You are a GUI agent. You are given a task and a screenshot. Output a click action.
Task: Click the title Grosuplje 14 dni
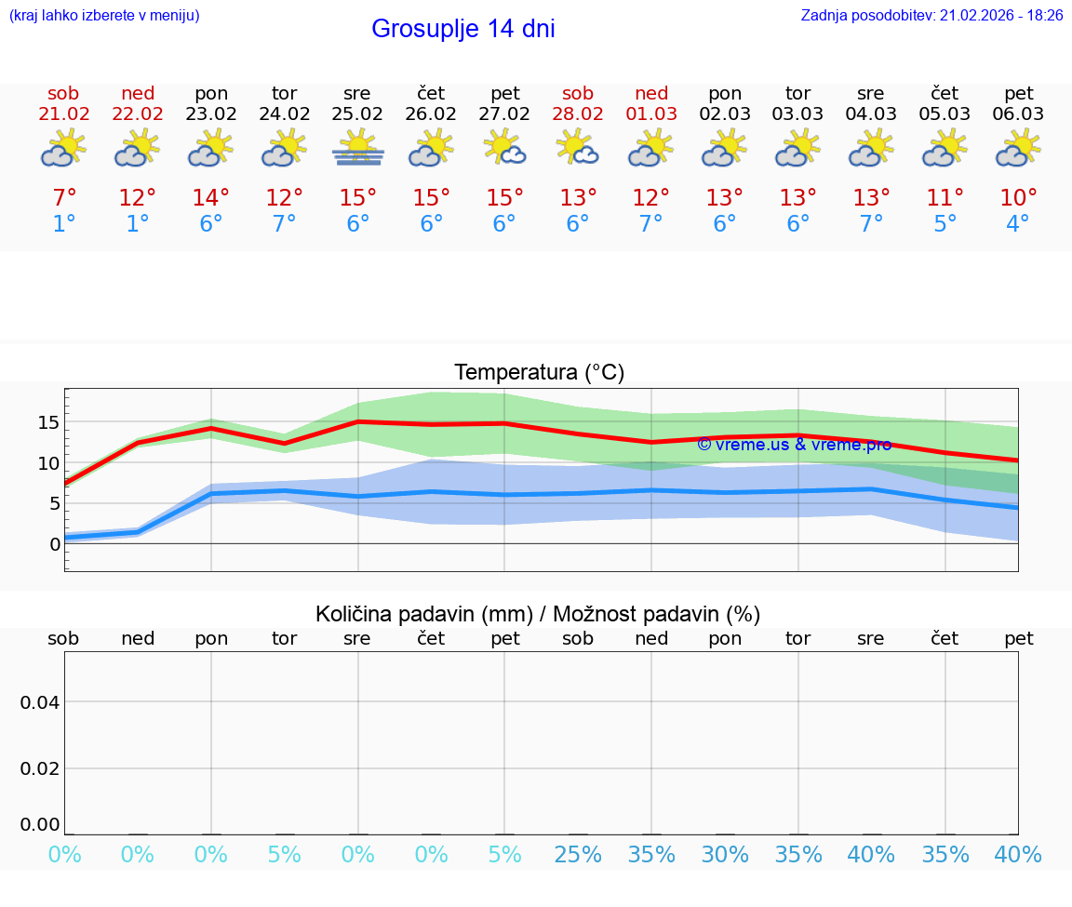pyautogui.click(x=462, y=29)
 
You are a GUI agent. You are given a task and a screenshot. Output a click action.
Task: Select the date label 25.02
pyautogui.click(x=357, y=114)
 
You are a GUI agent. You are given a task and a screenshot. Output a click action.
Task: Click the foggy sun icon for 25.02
pyautogui.click(x=357, y=149)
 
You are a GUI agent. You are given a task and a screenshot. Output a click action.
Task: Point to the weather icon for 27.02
pyautogui.click(x=504, y=149)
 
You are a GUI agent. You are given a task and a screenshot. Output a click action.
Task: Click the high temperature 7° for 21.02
pyautogui.click(x=64, y=198)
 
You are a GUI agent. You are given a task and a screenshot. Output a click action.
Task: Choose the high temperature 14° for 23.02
pyautogui.click(x=210, y=198)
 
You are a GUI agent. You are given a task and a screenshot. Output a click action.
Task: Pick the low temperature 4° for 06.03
pyautogui.click(x=1018, y=224)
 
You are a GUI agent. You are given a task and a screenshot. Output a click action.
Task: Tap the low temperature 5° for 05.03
pyautogui.click(x=945, y=224)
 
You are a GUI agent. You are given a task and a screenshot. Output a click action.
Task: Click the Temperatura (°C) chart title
pyautogui.click(x=539, y=373)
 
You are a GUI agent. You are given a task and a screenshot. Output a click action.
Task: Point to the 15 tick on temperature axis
pyautogui.click(x=48, y=422)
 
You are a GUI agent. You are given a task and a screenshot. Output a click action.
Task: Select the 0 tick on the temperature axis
pyautogui.click(x=54, y=544)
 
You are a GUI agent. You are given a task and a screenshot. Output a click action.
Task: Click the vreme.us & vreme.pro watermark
pyautogui.click(x=794, y=445)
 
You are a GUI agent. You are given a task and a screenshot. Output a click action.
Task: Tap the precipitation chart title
pyautogui.click(x=538, y=614)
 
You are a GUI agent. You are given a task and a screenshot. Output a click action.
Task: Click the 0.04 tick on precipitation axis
pyautogui.click(x=40, y=702)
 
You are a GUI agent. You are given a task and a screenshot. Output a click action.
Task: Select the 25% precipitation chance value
pyautogui.click(x=578, y=855)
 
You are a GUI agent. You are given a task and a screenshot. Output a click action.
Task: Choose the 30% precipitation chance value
pyautogui.click(x=725, y=855)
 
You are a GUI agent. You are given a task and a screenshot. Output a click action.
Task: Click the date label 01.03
pyautogui.click(x=651, y=114)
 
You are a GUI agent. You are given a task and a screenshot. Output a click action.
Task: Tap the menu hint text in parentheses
pyautogui.click(x=103, y=16)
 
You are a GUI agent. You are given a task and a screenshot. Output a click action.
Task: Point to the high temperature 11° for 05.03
pyautogui.click(x=945, y=198)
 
